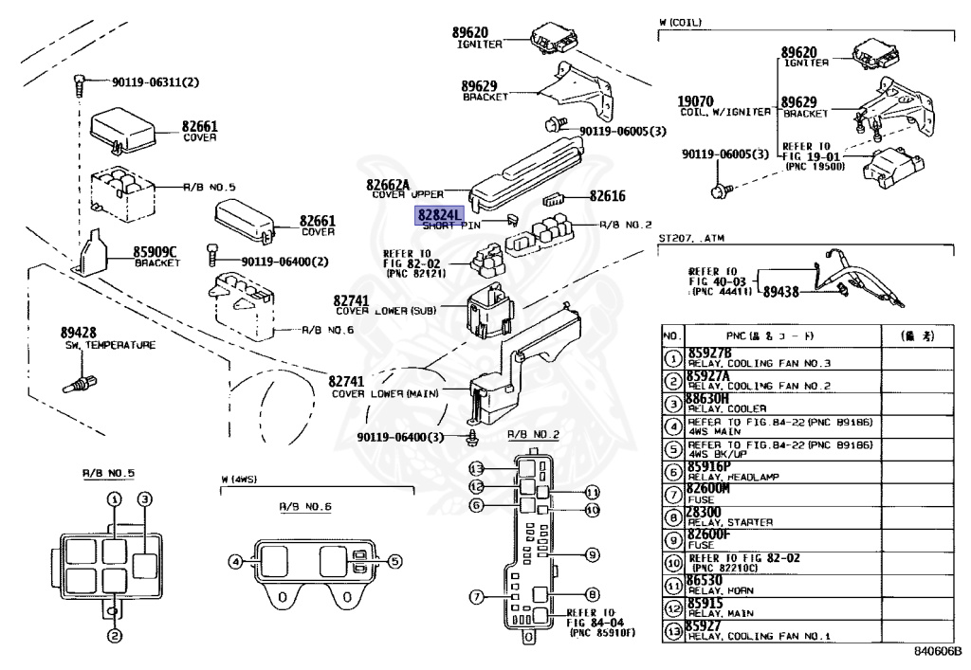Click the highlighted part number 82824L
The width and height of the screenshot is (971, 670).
coord(436,215)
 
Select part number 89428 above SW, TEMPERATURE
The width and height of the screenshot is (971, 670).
coord(80,334)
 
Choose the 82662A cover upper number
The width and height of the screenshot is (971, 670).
coord(389,185)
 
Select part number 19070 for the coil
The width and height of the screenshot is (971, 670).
coord(696,101)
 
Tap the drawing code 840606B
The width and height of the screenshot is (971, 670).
coord(937,652)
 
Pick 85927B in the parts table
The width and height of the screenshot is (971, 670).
coord(709,353)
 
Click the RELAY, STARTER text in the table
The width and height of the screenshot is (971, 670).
coord(730,521)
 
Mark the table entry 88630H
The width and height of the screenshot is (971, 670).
coord(707,399)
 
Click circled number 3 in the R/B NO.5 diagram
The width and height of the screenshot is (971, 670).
coord(145,499)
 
